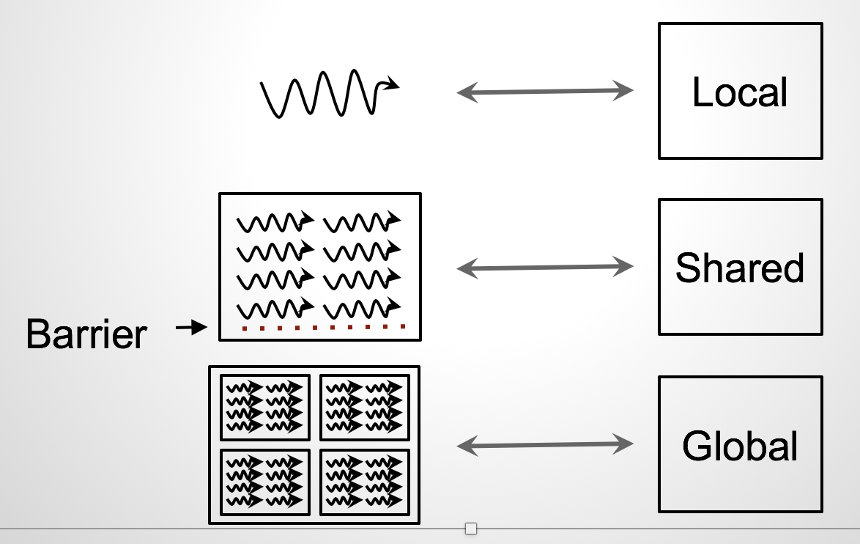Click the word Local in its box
(x=740, y=93)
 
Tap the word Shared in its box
(x=740, y=268)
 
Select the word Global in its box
(x=740, y=446)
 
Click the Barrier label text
(x=86, y=335)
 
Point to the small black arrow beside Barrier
(x=192, y=328)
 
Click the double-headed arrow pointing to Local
(x=545, y=92)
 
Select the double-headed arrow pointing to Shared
(x=545, y=268)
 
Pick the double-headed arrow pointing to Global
(x=545, y=444)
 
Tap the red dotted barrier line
(x=323, y=327)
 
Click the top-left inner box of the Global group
(x=265, y=405)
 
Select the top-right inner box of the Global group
(x=365, y=405)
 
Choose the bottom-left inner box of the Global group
(x=265, y=482)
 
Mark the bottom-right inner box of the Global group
(x=365, y=482)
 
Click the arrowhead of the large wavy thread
(x=392, y=84)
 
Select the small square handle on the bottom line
(x=471, y=529)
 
